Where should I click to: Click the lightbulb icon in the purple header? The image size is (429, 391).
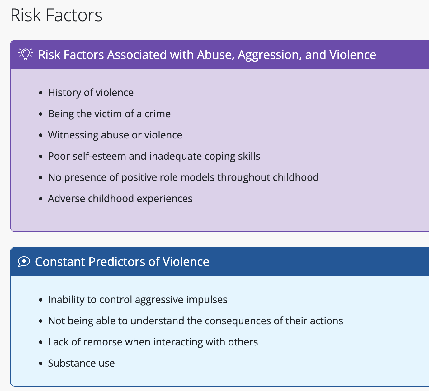point(26,54)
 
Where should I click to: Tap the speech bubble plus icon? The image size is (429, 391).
point(24,261)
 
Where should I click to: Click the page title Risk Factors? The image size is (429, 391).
point(56,15)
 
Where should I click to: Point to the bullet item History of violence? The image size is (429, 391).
point(91,93)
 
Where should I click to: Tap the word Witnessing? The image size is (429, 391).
point(73,135)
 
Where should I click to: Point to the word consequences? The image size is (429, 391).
point(238,321)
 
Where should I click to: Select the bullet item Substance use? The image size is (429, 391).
point(81,363)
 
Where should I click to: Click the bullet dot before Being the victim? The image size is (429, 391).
point(41,114)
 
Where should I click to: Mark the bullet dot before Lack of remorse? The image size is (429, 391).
point(41,342)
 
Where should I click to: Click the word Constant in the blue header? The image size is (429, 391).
point(60,262)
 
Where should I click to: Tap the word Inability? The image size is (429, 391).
point(66,300)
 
